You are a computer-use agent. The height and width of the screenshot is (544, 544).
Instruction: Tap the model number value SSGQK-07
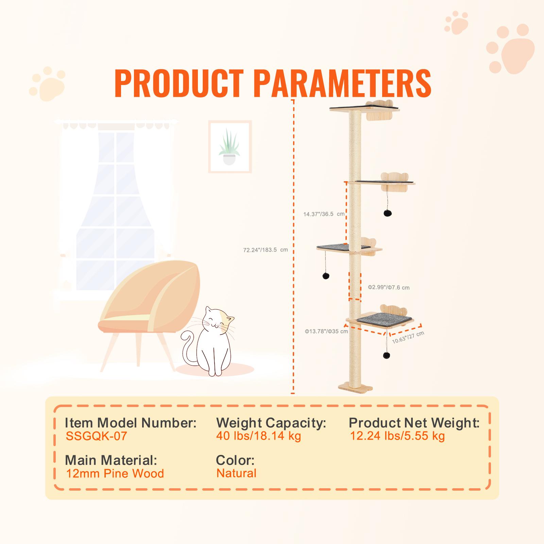(96, 436)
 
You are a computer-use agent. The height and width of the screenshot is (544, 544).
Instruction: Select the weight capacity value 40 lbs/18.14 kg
(258, 436)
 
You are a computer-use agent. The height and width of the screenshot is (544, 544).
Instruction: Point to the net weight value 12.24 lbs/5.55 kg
(397, 436)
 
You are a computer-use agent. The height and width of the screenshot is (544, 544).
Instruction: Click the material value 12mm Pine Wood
(115, 473)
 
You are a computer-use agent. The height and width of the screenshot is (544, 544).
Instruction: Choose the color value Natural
(236, 473)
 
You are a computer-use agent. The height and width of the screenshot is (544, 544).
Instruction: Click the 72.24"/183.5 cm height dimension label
(266, 250)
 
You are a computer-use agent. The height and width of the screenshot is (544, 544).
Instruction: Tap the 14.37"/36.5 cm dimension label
(324, 214)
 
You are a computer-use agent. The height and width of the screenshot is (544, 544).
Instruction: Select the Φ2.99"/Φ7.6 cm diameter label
(389, 287)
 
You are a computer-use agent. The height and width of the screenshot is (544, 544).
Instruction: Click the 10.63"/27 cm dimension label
(408, 337)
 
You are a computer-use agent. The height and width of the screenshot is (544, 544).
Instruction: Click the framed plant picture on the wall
(230, 147)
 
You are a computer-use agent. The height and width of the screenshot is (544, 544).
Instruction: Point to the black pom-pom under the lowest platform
(386, 355)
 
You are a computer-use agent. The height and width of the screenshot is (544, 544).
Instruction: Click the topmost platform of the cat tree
(364, 109)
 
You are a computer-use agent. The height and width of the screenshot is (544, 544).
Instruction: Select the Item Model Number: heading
(131, 423)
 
